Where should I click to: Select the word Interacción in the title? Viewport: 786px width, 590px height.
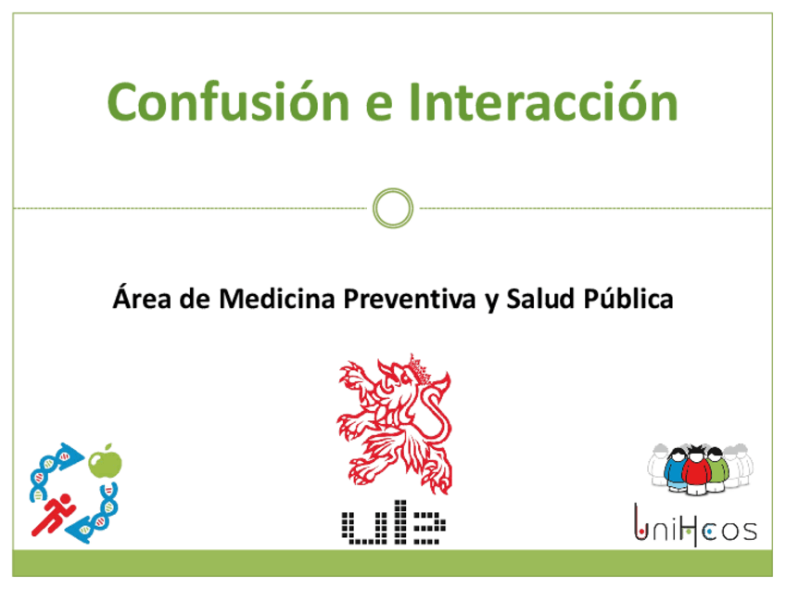coord(544,101)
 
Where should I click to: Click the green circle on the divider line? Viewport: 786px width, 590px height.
coord(393,208)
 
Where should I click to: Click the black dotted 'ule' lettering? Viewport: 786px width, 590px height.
coord(392,526)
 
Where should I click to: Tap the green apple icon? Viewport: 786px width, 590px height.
coord(107,461)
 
